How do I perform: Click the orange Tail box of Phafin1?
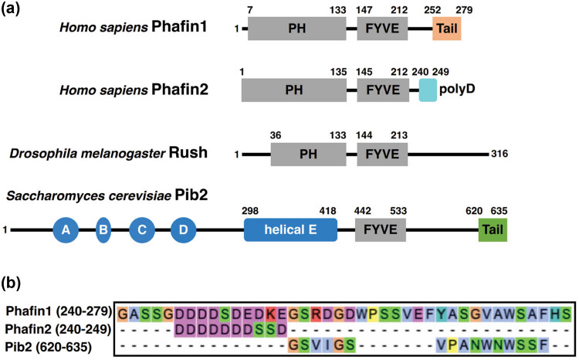pyautogui.click(x=447, y=28)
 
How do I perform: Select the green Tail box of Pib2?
pyautogui.click(x=493, y=230)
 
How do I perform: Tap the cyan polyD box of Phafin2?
pyautogui.click(x=428, y=90)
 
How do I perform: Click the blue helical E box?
pyautogui.click(x=290, y=230)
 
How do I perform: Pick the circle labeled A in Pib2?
pyautogui.click(x=66, y=230)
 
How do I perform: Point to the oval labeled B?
pyautogui.click(x=103, y=230)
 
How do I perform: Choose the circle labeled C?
pyautogui.click(x=142, y=230)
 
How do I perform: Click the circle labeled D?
pyautogui.click(x=183, y=230)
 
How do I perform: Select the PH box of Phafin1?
pyautogui.click(x=297, y=28)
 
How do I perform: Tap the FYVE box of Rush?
pyautogui.click(x=382, y=155)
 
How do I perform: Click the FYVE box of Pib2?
pyautogui.click(x=381, y=230)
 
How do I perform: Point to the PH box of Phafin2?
pyautogui.click(x=294, y=90)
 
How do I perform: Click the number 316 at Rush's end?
pyautogui.click(x=499, y=154)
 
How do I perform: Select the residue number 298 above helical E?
pyautogui.click(x=250, y=211)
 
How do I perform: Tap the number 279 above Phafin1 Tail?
pyautogui.click(x=464, y=9)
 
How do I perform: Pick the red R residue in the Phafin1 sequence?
pyautogui.click(x=316, y=314)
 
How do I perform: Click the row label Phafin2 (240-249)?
pyautogui.click(x=59, y=329)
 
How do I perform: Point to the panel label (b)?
pyautogui.click(x=11, y=283)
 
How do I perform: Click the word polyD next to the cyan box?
pyautogui.click(x=457, y=90)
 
